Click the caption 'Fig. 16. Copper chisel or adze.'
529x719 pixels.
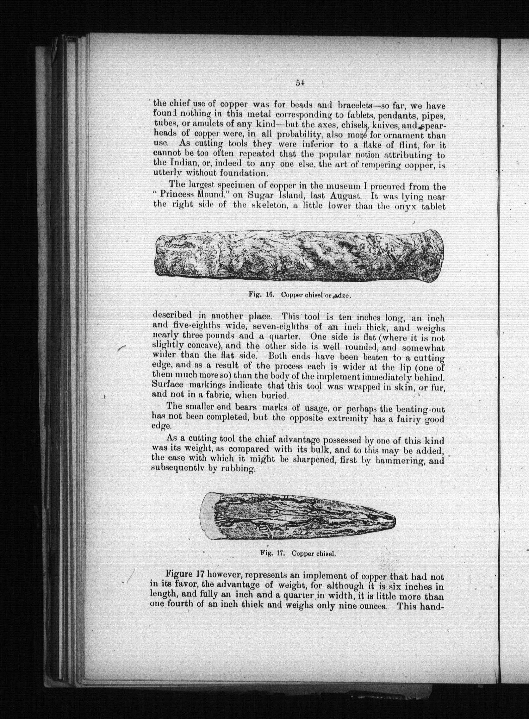click(300, 295)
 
